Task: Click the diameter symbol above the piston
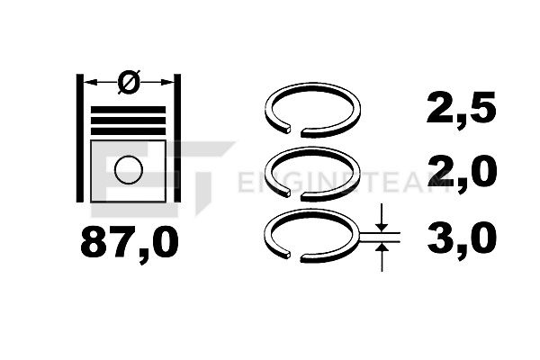point(129,82)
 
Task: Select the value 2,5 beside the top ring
point(461,109)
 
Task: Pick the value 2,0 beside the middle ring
point(462,171)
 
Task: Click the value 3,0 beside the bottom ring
point(462,238)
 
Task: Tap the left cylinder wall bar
point(80,138)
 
